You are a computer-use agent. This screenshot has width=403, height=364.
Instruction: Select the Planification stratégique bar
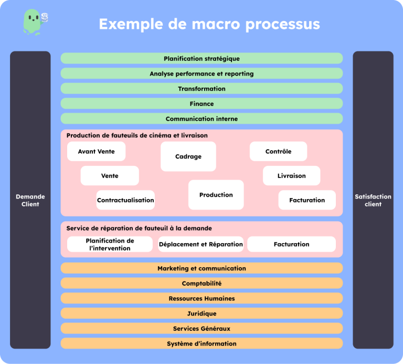[201, 58]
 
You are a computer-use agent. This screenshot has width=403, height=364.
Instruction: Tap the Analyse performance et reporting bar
[201, 74]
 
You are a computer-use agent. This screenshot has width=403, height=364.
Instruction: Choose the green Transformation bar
[201, 89]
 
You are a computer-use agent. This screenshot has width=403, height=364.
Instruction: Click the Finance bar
[201, 103]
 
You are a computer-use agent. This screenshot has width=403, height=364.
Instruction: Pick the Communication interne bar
[201, 119]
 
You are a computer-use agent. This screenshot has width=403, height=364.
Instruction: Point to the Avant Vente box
[96, 151]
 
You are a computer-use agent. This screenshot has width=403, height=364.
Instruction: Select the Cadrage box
[188, 157]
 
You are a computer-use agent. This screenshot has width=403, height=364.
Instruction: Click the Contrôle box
[278, 151]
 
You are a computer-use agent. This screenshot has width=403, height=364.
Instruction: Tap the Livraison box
[291, 175]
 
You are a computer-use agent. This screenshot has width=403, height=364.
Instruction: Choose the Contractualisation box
[125, 200]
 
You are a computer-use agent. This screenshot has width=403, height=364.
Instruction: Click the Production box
[216, 195]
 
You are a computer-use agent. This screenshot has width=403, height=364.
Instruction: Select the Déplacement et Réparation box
[201, 244]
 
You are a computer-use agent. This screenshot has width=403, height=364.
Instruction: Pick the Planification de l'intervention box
[110, 244]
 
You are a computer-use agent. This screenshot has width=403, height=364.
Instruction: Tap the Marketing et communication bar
[201, 268]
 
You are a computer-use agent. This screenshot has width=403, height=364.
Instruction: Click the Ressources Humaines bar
[201, 298]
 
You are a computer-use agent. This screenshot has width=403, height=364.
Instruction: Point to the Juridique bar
[201, 314]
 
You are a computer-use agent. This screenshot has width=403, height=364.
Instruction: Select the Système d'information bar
[201, 344]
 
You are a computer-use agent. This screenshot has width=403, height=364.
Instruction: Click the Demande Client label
[30, 200]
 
